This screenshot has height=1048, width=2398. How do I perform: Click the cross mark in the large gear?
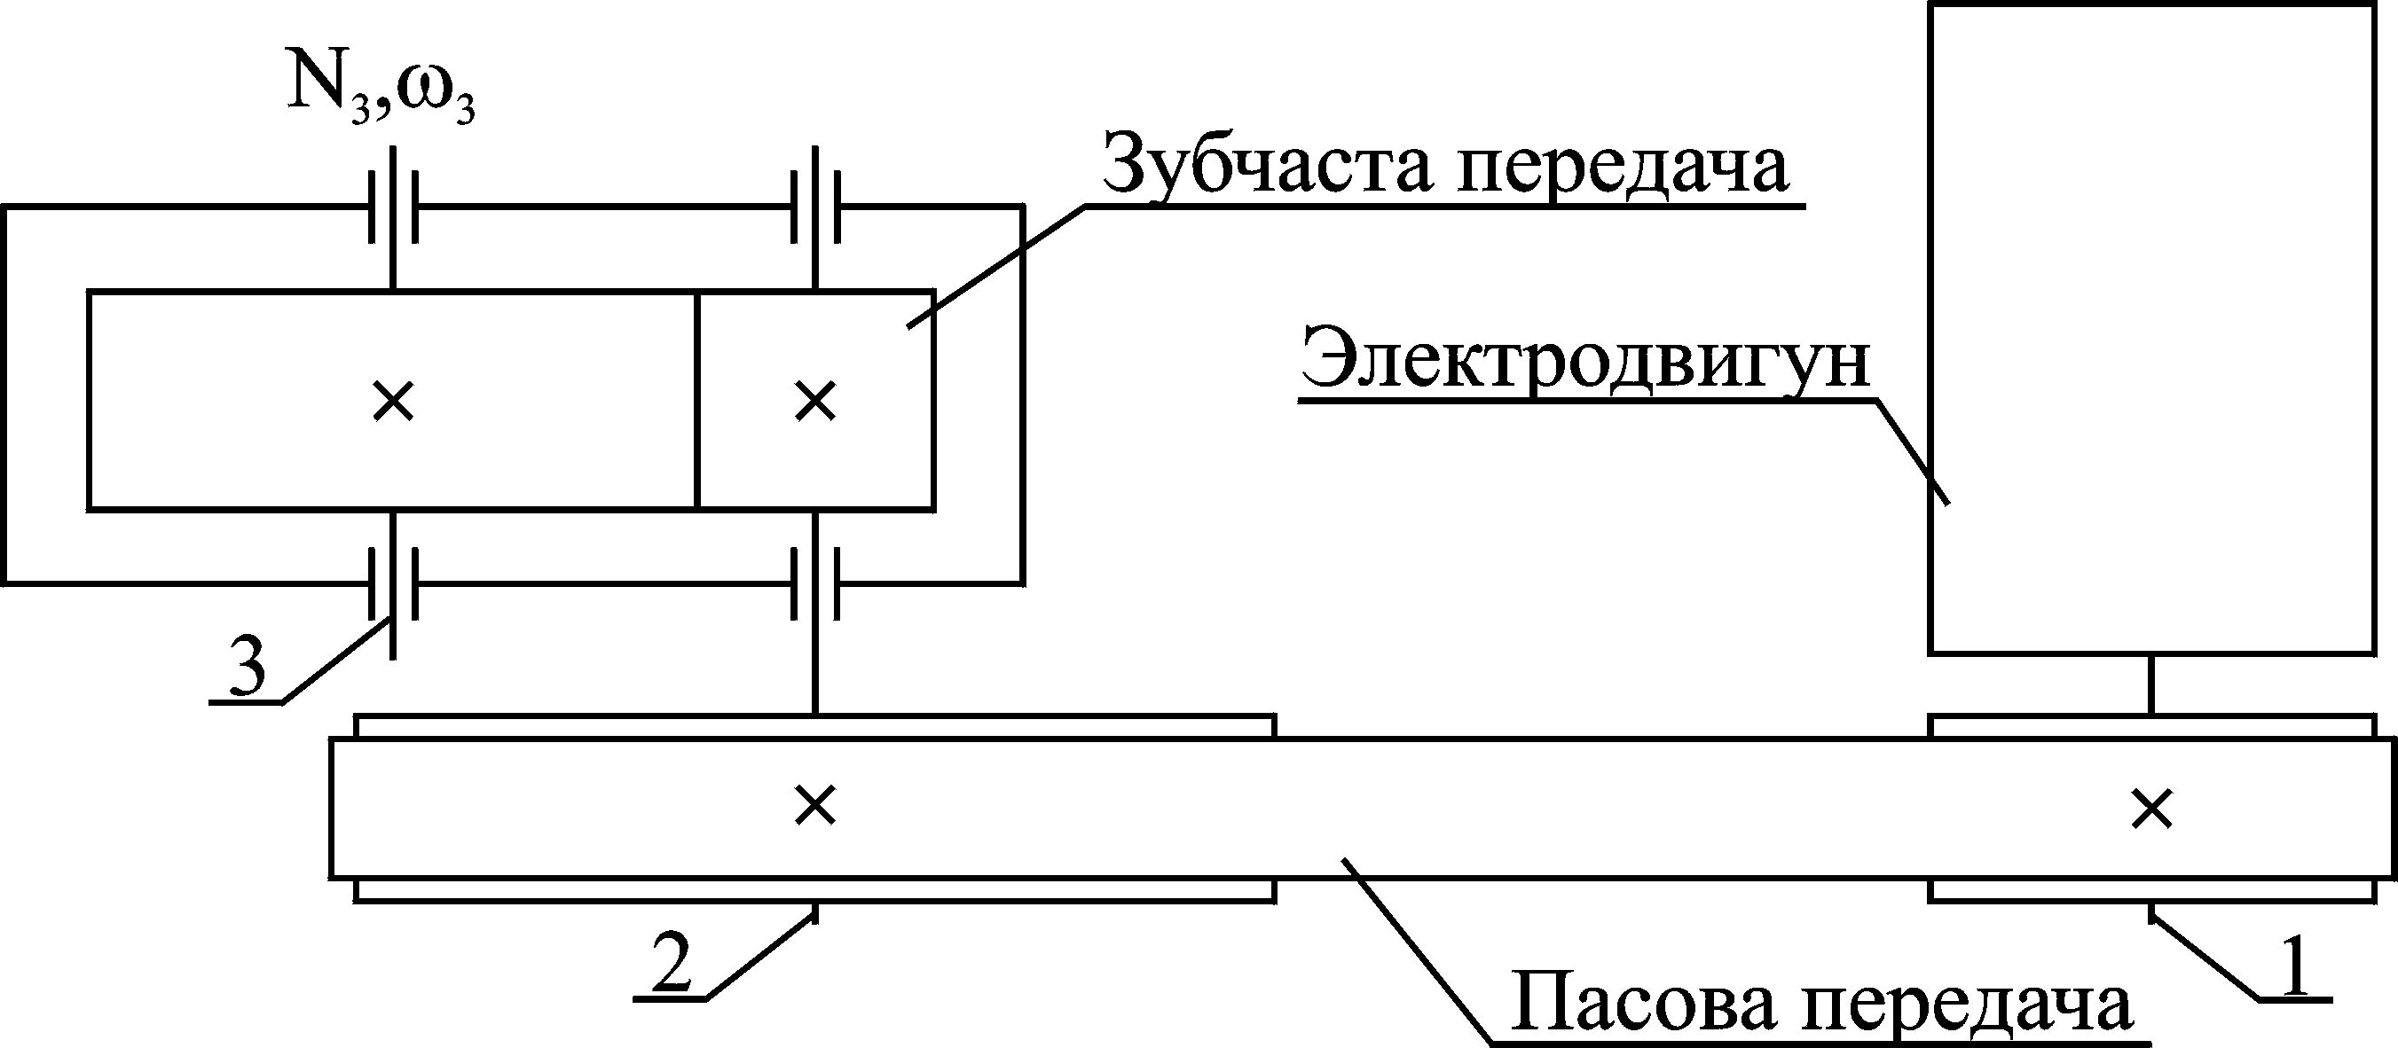(x=393, y=402)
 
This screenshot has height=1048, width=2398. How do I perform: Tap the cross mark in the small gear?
(x=815, y=402)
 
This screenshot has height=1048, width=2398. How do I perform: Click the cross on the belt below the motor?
(x=2152, y=809)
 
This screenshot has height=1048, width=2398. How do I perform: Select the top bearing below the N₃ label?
(x=393, y=207)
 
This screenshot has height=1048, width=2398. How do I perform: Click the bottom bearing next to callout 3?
(x=393, y=583)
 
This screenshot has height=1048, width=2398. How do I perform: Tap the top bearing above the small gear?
(x=815, y=207)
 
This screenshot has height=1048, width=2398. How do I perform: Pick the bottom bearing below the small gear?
(x=815, y=583)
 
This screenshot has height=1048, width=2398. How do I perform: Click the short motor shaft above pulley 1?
(x=2151, y=684)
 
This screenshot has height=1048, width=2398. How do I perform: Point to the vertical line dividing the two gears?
(x=696, y=400)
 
